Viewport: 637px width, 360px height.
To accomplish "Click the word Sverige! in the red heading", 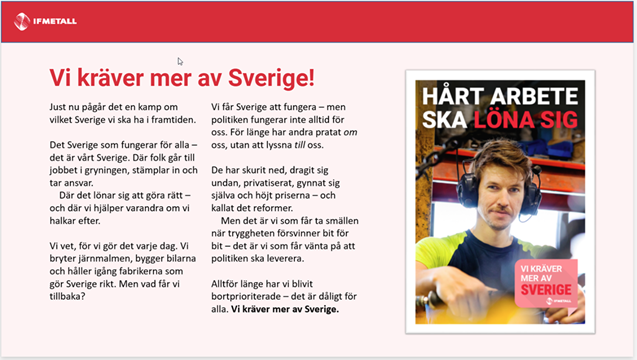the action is tap(269, 77).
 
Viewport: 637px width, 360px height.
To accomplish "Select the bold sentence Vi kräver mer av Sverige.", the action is tap(284, 310).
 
